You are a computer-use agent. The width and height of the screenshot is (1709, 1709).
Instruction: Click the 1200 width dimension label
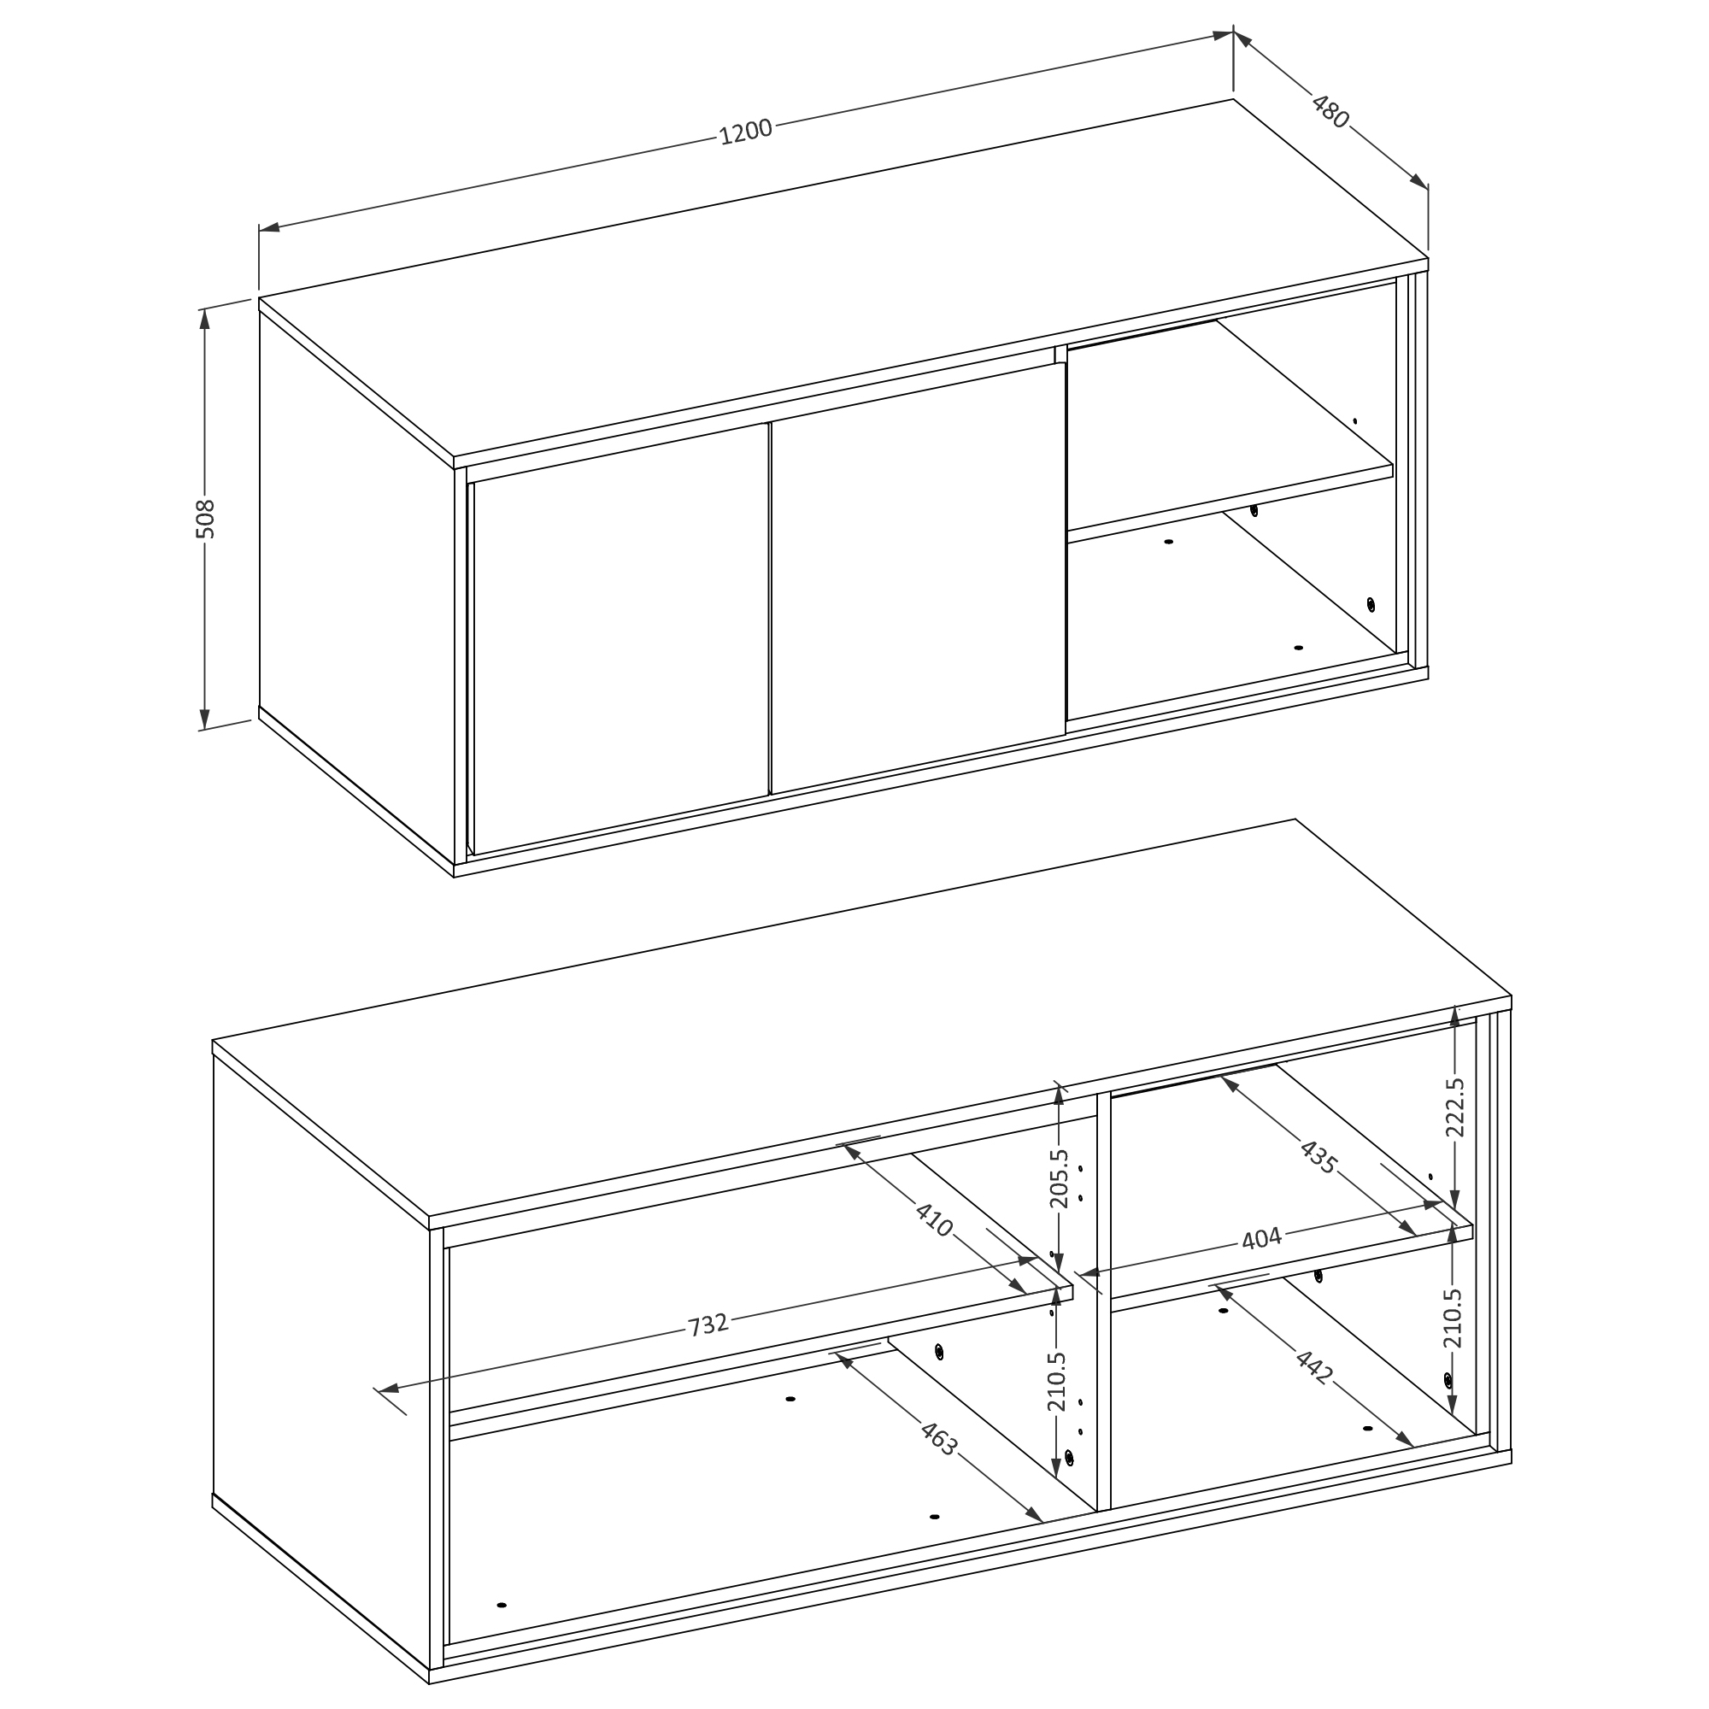point(746,132)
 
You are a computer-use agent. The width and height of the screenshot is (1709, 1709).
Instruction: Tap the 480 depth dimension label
point(1330,111)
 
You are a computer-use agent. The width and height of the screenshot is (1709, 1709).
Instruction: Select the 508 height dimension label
point(204,520)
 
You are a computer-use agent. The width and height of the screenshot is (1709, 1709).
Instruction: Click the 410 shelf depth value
point(934,1220)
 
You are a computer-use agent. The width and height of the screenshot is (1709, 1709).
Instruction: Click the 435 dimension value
point(1318,1156)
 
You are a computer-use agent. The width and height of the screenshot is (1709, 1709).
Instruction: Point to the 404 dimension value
point(1260,1238)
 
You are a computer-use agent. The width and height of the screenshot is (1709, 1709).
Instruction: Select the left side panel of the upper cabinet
point(356,584)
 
